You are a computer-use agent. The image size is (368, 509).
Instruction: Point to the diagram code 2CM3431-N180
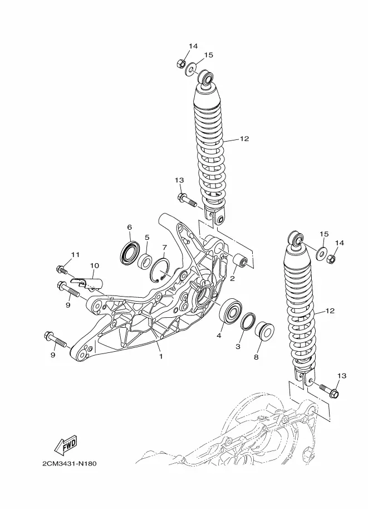pyautogui.click(x=70, y=463)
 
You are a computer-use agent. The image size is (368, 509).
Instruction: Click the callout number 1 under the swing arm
pyautogui.click(x=161, y=356)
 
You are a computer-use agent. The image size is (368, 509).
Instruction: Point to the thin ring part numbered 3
pyautogui.click(x=248, y=322)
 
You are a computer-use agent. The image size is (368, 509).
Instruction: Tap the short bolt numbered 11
pyautogui.click(x=62, y=269)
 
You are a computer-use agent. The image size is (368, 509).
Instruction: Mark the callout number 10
pyautogui.click(x=94, y=265)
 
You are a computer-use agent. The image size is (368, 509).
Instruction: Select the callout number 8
pyautogui.click(x=256, y=357)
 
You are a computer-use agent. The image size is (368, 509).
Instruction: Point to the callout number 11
pyautogui.click(x=75, y=255)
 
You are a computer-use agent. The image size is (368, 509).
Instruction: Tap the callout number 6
pyautogui.click(x=130, y=227)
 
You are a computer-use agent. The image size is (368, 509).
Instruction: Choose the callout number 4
pyautogui.click(x=219, y=336)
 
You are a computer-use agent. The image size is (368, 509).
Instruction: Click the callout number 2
pyautogui.click(x=233, y=279)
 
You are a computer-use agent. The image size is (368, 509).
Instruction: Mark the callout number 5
pyautogui.click(x=147, y=237)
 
